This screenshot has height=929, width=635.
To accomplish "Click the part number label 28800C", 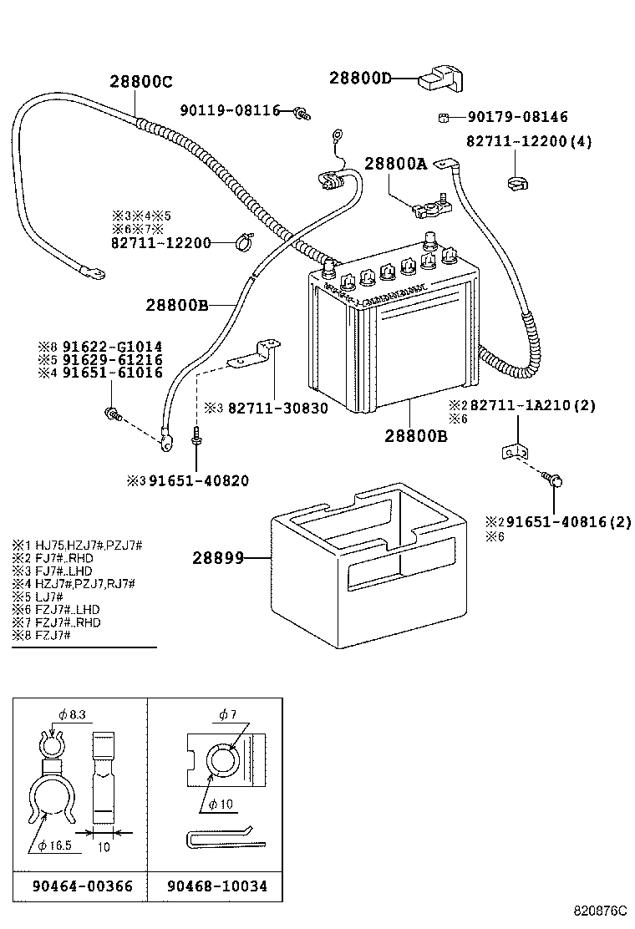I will [140, 81].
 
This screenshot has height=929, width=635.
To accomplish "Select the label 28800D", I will [360, 78].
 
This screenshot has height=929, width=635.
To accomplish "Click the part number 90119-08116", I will [231, 110].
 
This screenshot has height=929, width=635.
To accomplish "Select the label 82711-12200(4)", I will [528, 142].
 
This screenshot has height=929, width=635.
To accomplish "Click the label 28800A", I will [394, 165].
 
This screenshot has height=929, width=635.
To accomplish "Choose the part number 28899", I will [216, 557].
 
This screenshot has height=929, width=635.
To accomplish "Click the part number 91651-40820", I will [197, 480].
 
